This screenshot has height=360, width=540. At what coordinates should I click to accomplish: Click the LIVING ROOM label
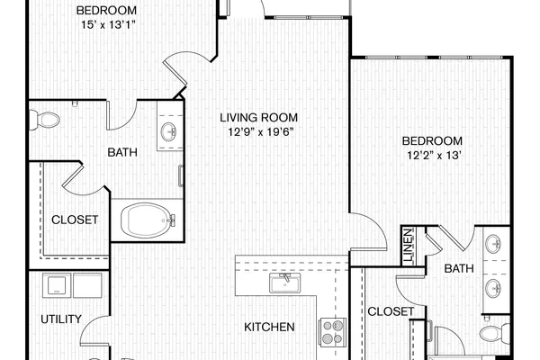pyautogui.click(x=258, y=118)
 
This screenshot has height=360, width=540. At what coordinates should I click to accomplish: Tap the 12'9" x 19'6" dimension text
pyautogui.click(x=261, y=131)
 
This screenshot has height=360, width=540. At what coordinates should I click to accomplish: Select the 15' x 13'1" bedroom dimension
pyautogui.click(x=108, y=25)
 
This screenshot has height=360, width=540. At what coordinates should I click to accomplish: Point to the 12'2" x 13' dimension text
pyautogui.click(x=434, y=156)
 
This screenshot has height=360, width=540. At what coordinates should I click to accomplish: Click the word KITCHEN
pyautogui.click(x=269, y=327)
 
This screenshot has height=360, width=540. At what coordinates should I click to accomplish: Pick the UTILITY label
pyautogui.click(x=61, y=319)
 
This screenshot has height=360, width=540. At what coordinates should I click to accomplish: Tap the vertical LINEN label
pyautogui.click(x=408, y=245)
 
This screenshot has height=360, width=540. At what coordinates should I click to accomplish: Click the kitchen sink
pyautogui.click(x=284, y=283)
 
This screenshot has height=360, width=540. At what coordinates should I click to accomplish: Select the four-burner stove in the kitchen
pyautogui.click(x=332, y=332)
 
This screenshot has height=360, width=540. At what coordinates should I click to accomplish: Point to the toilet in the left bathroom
pyautogui.click(x=44, y=120)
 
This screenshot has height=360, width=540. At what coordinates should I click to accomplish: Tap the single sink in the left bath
pyautogui.click(x=169, y=131)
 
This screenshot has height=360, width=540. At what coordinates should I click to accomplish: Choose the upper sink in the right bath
pyautogui.click(x=493, y=244)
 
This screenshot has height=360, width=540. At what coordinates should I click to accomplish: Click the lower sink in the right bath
pyautogui.click(x=493, y=288)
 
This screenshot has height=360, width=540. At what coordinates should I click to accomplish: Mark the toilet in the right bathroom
pyautogui.click(x=495, y=333)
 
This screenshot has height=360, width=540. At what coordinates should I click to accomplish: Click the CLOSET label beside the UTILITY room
pyautogui.click(x=75, y=220)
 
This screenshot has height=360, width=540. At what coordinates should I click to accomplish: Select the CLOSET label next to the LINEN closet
pyautogui.click(x=391, y=311)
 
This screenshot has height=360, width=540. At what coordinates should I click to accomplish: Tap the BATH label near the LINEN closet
pyautogui.click(x=459, y=268)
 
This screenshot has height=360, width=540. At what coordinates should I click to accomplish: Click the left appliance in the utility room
pyautogui.click(x=57, y=285)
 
